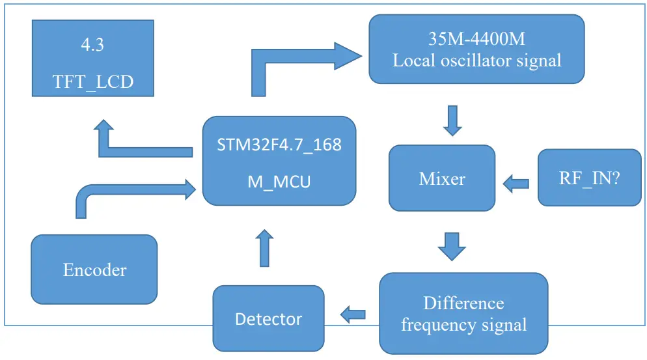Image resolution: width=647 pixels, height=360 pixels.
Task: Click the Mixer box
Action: click(x=442, y=178)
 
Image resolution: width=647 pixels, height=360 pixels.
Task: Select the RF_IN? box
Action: click(x=589, y=178)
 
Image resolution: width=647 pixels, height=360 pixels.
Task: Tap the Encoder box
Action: click(x=94, y=270)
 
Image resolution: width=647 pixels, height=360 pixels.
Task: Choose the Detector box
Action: click(x=268, y=318)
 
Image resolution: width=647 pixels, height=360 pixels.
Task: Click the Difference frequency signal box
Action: click(x=463, y=313)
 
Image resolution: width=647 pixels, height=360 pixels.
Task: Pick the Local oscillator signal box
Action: click(x=476, y=49)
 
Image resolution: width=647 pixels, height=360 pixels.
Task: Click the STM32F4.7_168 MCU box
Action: click(x=279, y=161)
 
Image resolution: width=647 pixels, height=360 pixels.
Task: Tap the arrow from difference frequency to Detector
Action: click(x=352, y=314)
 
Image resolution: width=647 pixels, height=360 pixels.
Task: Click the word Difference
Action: click(x=463, y=303)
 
